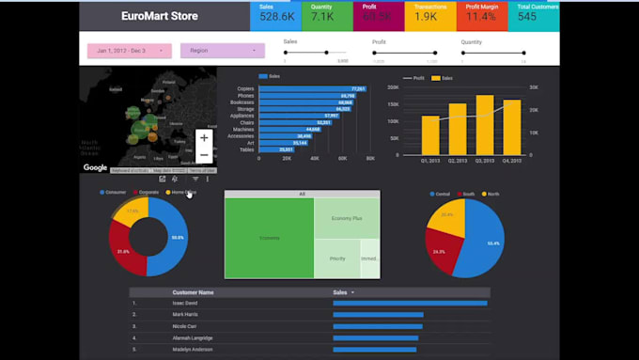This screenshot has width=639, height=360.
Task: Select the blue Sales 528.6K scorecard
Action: pos(277,13)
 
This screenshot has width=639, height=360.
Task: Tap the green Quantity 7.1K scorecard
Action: pos(322,13)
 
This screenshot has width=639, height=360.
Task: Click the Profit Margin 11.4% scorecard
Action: pos(482,13)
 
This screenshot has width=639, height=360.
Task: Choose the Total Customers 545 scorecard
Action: pos(536,13)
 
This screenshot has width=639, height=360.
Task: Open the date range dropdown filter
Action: pos(129,51)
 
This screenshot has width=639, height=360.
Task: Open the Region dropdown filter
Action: pos(222,51)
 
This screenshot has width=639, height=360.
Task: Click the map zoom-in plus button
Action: pos(204,137)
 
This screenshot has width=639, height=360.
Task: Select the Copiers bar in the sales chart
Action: pos(310,88)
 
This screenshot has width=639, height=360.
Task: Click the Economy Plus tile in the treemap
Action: pos(346,218)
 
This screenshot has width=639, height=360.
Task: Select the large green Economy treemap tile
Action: pos(269,238)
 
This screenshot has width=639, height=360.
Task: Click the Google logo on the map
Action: pos(95,168)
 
